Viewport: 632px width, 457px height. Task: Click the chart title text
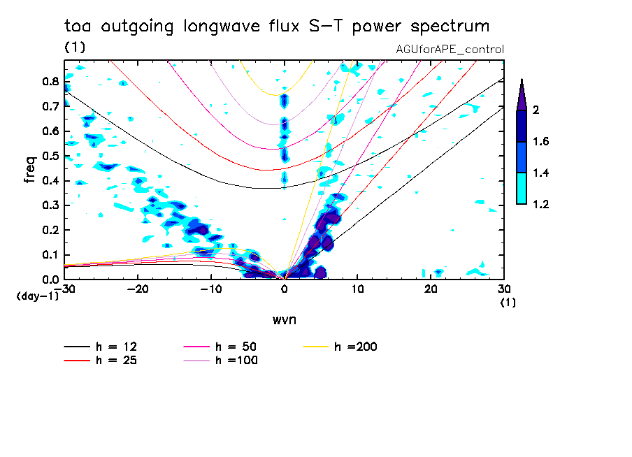[x=277, y=27]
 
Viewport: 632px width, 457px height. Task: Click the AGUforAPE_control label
[x=450, y=49]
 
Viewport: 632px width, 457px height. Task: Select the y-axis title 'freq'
[x=30, y=169]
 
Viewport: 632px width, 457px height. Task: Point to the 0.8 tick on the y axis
[x=50, y=81]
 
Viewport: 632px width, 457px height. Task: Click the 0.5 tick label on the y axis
[x=50, y=155]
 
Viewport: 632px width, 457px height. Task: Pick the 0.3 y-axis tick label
[x=50, y=205]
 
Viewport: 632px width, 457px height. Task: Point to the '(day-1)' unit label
[x=37, y=296]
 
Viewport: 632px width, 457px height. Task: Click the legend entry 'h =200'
[x=356, y=347]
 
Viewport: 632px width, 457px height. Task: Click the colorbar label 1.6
[x=540, y=142]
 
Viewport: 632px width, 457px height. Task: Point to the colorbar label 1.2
[x=540, y=205]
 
